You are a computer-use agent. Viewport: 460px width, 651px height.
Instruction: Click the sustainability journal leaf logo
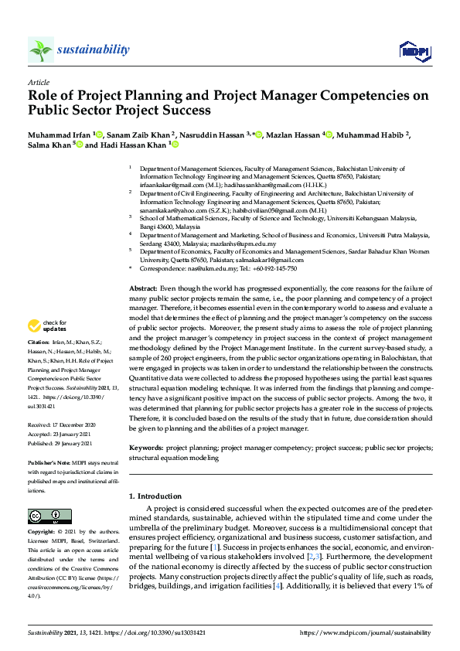[40, 49]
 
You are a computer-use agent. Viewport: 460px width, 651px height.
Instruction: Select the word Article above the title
[38, 82]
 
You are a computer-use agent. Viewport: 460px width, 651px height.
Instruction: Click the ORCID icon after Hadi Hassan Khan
[175, 145]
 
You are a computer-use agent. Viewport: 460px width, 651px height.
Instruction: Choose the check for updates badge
[46, 347]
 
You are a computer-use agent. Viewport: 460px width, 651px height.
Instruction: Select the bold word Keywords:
[146, 448]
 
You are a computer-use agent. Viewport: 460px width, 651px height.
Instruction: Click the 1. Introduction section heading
[157, 496]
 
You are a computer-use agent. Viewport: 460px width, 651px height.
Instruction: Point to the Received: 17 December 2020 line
[60, 424]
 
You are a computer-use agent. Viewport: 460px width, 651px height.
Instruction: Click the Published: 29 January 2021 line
[61, 444]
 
